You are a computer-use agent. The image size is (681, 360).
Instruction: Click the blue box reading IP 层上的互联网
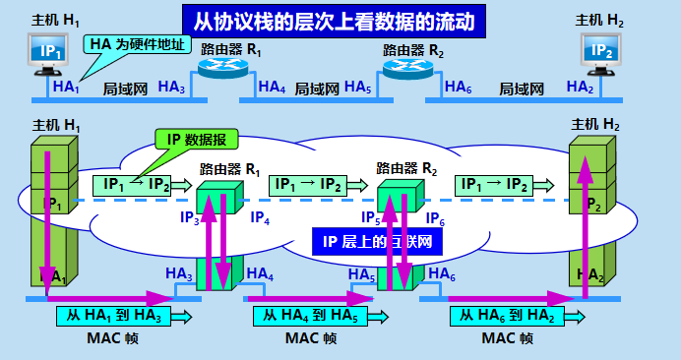377,241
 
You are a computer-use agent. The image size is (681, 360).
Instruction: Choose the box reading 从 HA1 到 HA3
114,316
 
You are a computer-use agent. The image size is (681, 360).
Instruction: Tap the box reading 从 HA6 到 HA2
509,316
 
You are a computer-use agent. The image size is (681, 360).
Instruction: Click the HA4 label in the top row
272,88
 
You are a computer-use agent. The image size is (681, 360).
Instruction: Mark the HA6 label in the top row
458,88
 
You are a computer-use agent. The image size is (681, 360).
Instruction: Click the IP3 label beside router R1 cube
189,218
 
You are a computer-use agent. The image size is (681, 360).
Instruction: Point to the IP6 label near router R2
433,218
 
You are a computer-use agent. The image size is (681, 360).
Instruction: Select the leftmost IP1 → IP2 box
131,184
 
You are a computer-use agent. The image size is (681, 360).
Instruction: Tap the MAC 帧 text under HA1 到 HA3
114,338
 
